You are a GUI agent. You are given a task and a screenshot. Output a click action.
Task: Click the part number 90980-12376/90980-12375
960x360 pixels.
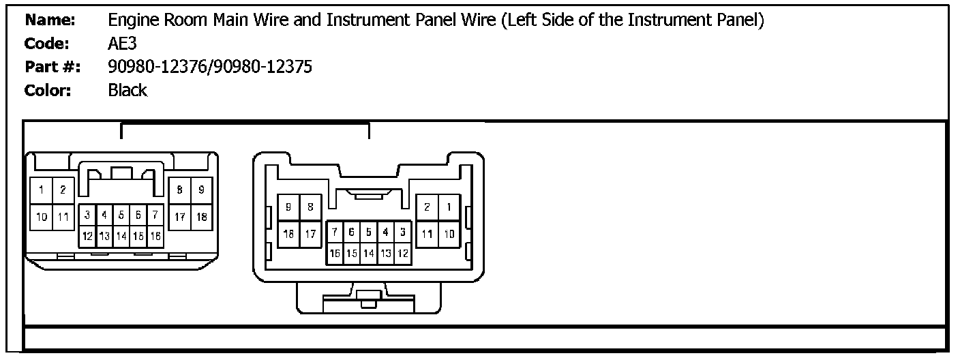point(210,67)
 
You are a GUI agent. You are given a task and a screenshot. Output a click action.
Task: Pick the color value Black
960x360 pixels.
point(127,90)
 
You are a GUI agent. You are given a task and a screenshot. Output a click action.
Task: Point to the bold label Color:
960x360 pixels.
point(48,90)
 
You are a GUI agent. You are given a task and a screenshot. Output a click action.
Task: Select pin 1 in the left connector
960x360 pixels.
point(42,190)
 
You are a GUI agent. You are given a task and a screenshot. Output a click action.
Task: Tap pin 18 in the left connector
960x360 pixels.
point(200,217)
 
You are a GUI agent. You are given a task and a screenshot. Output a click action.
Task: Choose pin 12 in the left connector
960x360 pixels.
point(88,236)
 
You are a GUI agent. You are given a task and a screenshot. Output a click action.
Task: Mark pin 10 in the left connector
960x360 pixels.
point(42,217)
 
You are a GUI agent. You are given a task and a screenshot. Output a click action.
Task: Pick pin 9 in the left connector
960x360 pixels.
point(200,190)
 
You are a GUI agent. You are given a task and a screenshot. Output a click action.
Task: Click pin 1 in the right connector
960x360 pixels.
point(449,207)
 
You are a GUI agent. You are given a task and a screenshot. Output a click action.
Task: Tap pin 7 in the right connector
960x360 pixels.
point(335,232)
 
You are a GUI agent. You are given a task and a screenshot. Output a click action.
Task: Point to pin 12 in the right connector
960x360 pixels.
point(402,253)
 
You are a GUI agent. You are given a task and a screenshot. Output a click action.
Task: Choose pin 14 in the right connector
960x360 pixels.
point(369,253)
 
